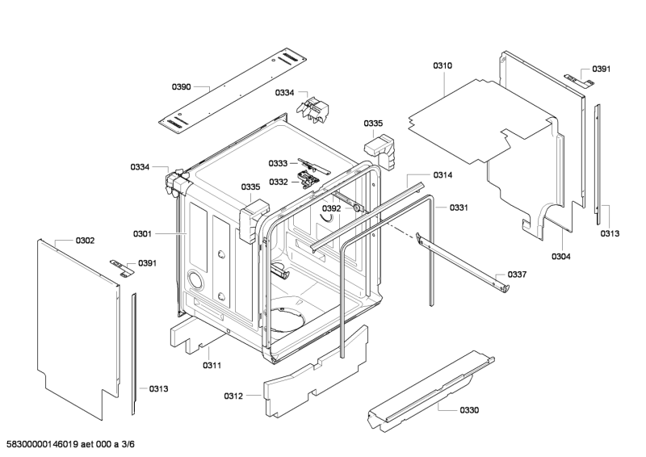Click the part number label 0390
[x=182, y=86]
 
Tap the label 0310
[x=443, y=65]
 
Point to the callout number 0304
[x=561, y=257]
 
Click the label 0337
[x=517, y=275]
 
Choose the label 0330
[x=469, y=410]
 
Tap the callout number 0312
[x=233, y=396]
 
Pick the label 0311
[x=212, y=366]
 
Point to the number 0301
[x=142, y=234]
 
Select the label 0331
[x=459, y=208]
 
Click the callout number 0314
[x=465, y=175]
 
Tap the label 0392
[x=331, y=208]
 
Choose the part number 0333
[x=278, y=163]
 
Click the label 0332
[x=278, y=182]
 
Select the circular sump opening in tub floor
[x=287, y=320]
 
